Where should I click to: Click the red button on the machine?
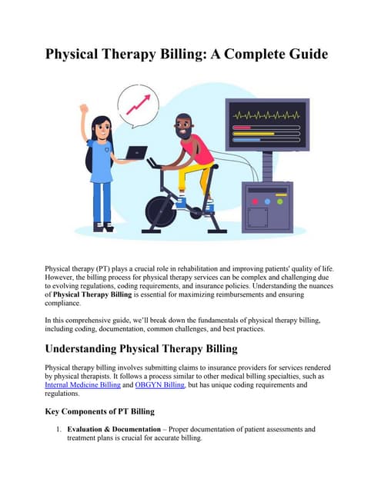(x=256, y=202)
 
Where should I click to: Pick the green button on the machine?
(x=279, y=202)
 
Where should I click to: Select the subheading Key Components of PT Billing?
(x=100, y=411)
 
